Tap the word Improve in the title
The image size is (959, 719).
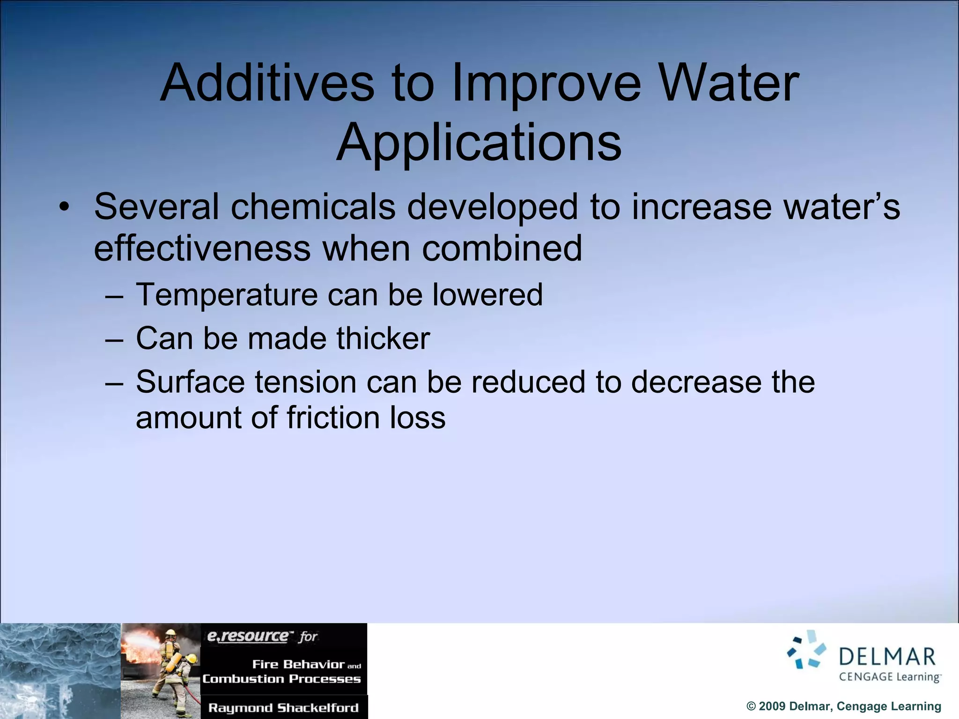pyautogui.click(x=546, y=84)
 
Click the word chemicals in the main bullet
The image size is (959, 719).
pyautogui.click(x=313, y=206)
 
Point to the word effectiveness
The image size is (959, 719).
pyautogui.click(x=202, y=248)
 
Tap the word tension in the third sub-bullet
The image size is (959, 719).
pyautogui.click(x=305, y=382)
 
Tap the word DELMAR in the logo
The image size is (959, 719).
pyautogui.click(x=887, y=657)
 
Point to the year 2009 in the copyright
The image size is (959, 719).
pyautogui.click(x=773, y=706)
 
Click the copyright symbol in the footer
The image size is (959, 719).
pyautogui.click(x=751, y=706)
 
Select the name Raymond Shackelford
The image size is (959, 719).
pyautogui.click(x=283, y=708)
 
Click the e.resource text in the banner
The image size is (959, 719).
pyautogui.click(x=248, y=636)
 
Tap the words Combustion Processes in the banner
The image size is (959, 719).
pyautogui.click(x=281, y=679)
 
